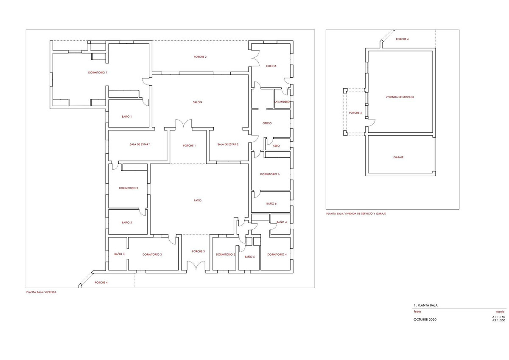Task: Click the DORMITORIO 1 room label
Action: [98, 73]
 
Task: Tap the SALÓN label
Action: [197, 102]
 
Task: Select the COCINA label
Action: [271, 66]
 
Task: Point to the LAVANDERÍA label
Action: [282, 102]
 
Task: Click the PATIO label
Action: [197, 200]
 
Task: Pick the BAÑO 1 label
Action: [126, 116]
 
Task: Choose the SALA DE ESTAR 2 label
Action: [228, 144]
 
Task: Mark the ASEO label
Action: [276, 146]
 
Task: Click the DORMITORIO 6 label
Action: [270, 174]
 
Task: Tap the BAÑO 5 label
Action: [249, 257]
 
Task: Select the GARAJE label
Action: [398, 157]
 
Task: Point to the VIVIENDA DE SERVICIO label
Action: [400, 97]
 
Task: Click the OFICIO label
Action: [267, 124]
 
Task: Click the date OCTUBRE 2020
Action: [425, 319]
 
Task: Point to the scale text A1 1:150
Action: [498, 317]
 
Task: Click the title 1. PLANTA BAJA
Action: [425, 305]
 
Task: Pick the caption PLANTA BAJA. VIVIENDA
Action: [41, 292]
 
